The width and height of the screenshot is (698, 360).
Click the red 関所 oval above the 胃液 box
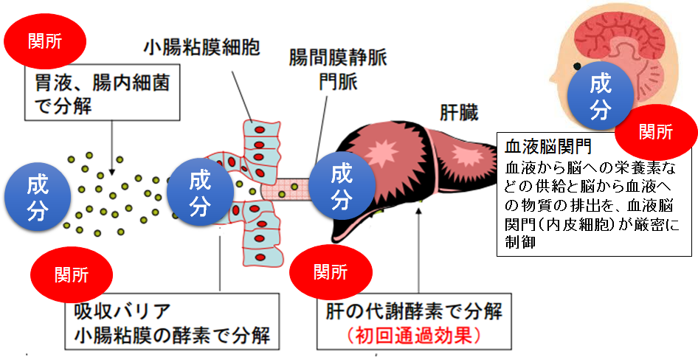44,41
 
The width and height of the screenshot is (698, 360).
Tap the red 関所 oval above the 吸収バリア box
72,274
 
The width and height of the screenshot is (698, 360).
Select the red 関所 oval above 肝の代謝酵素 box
331,272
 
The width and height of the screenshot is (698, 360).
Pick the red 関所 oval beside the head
656,132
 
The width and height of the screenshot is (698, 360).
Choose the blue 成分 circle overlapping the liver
342,188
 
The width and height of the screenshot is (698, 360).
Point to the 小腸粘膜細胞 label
201,48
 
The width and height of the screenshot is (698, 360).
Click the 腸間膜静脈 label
338,59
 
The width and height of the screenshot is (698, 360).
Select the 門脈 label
339,81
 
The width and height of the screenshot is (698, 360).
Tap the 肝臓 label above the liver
458,114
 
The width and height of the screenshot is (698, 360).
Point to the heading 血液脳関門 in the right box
548,146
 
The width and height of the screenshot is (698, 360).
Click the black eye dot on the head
578,66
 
